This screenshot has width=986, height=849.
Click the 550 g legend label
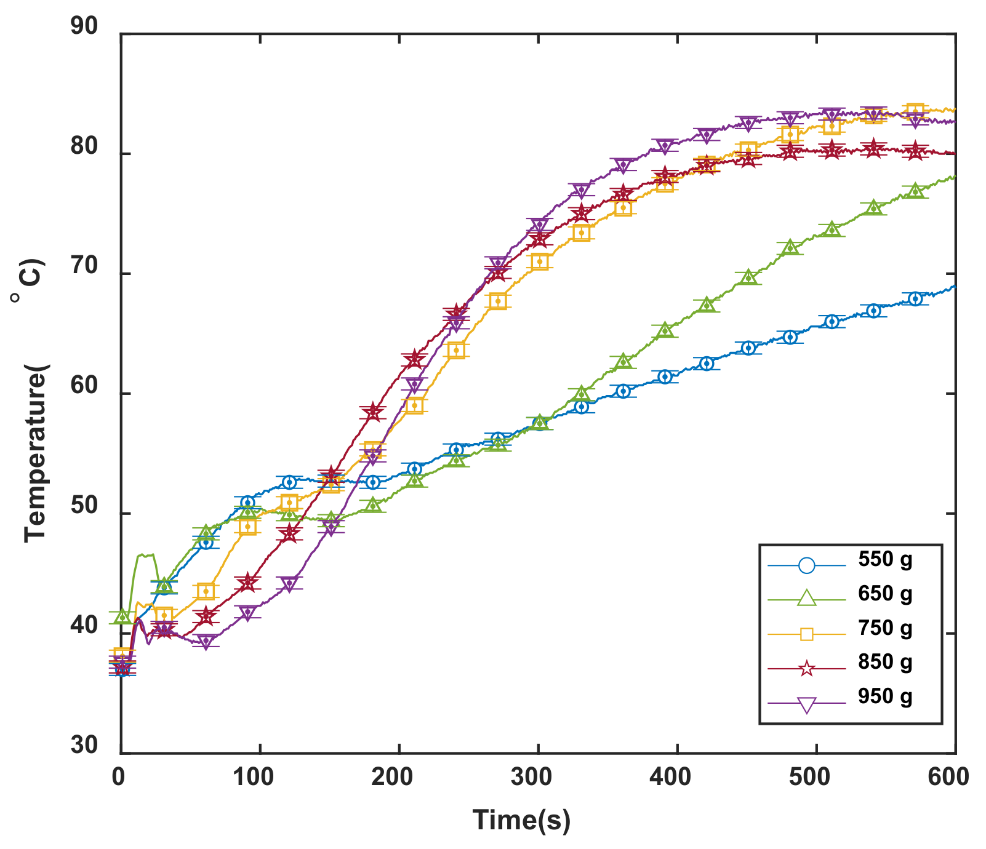coord(885,559)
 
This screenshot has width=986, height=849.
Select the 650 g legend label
coord(885,594)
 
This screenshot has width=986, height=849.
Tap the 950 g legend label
coord(885,696)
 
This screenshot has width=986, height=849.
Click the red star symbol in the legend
coord(807,669)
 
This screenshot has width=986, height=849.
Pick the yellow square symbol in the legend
coord(807,634)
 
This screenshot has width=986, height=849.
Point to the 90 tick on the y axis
coord(84,27)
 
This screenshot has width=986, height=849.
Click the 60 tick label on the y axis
coord(84,387)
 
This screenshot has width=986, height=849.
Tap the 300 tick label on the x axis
coord(532,777)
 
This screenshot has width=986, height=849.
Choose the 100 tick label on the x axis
coord(254,777)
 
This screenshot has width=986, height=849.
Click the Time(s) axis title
coord(521,820)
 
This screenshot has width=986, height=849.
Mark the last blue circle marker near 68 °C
coord(915,299)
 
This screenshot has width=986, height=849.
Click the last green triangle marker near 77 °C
coord(915,191)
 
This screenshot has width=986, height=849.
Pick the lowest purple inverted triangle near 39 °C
coord(206,642)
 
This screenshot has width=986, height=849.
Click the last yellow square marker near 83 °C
coord(915,111)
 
